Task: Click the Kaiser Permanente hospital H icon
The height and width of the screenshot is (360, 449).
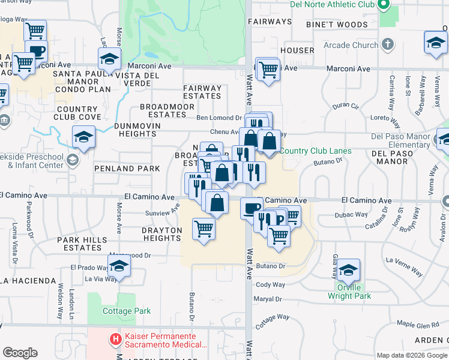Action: pos(116,340)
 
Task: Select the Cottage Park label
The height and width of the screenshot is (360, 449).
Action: pos(127,311)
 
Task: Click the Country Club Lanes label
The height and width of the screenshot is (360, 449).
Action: pos(315,151)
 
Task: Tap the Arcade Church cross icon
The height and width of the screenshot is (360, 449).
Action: pos(388,44)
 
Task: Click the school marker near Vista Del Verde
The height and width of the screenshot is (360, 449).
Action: pos(109,59)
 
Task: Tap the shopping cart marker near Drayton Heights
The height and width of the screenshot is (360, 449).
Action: pos(204,229)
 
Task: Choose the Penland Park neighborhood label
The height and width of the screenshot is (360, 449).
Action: pos(127,169)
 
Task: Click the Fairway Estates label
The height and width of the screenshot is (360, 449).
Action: pos(202,92)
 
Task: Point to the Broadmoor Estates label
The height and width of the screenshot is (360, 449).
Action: pos(167,110)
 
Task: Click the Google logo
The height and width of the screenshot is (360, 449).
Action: pos(20,353)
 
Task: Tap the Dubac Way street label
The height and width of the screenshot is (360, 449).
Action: pos(354,214)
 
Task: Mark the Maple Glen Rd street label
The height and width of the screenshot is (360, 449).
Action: pos(418,325)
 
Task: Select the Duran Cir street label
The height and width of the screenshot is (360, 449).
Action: pos(345,105)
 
